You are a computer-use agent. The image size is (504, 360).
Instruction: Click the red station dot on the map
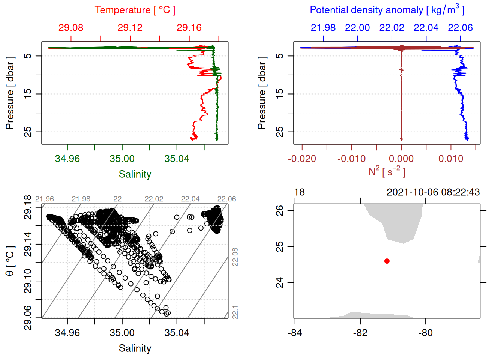[x=387, y=261]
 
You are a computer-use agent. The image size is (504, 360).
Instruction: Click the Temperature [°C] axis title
[x=135, y=10]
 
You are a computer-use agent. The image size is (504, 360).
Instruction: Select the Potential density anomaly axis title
[x=387, y=10]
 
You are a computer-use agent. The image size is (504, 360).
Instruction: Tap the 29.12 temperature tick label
[x=130, y=28]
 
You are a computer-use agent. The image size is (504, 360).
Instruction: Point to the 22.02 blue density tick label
[x=391, y=28]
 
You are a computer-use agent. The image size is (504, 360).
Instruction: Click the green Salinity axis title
[x=135, y=174]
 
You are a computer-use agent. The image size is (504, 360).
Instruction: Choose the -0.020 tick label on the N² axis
[x=302, y=159]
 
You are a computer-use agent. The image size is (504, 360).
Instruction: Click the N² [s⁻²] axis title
[x=387, y=171]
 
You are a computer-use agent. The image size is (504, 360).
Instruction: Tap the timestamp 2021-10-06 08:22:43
[x=433, y=192]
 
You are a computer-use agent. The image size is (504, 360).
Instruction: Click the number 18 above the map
[x=299, y=192]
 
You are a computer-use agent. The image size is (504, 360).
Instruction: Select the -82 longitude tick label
[x=360, y=333]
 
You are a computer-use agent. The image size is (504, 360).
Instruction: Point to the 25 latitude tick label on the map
[x=280, y=246]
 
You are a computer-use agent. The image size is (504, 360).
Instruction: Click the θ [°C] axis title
[x=10, y=261]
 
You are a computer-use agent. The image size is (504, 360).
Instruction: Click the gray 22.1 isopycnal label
[x=235, y=312]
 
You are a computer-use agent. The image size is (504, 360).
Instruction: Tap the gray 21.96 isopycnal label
[x=45, y=199]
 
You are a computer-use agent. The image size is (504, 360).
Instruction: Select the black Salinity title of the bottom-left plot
[x=135, y=348]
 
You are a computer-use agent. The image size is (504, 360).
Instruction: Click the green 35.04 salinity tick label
[x=177, y=159]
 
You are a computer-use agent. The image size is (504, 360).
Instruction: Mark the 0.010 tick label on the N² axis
[x=451, y=159]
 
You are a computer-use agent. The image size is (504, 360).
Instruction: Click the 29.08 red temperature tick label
[x=71, y=28]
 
